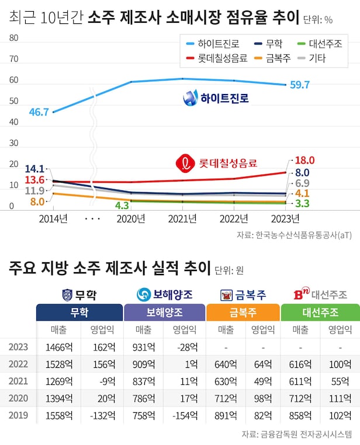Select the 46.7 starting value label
click(39, 112)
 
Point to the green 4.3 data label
click(122, 206)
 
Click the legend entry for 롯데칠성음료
click(216, 58)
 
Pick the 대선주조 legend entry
click(321, 44)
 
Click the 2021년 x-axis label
click(184, 218)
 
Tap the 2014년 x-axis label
click(53, 218)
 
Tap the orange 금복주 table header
click(243, 312)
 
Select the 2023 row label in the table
click(18, 347)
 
